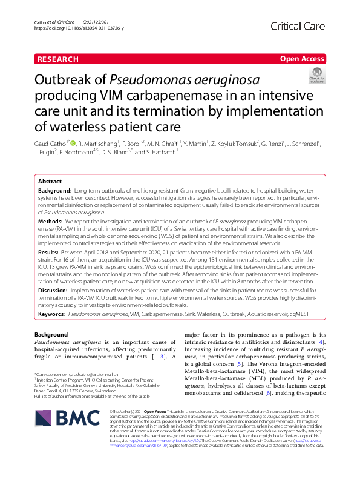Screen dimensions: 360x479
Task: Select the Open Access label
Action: pos(302,59)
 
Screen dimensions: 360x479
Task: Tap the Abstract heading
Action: pos(50,182)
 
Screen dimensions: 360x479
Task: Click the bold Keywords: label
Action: pos(51,315)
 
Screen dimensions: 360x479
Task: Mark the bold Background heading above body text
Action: pos(51,334)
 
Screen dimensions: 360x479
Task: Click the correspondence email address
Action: pos(97,376)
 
